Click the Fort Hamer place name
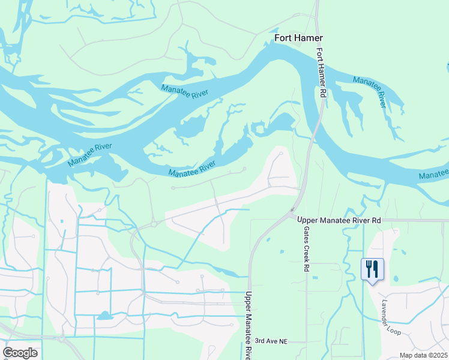point(298,38)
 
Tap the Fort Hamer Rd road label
point(321,73)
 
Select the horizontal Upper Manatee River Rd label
point(339,220)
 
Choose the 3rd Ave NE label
point(271,341)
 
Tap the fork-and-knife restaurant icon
point(372,268)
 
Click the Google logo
point(20,352)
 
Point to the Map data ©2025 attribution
point(423,355)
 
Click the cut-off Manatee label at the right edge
point(433,175)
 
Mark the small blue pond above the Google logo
point(104,315)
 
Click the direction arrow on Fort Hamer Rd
point(292,210)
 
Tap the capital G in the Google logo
point(8,352)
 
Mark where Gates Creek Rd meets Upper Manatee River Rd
point(306,220)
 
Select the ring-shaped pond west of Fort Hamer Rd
point(259,128)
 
